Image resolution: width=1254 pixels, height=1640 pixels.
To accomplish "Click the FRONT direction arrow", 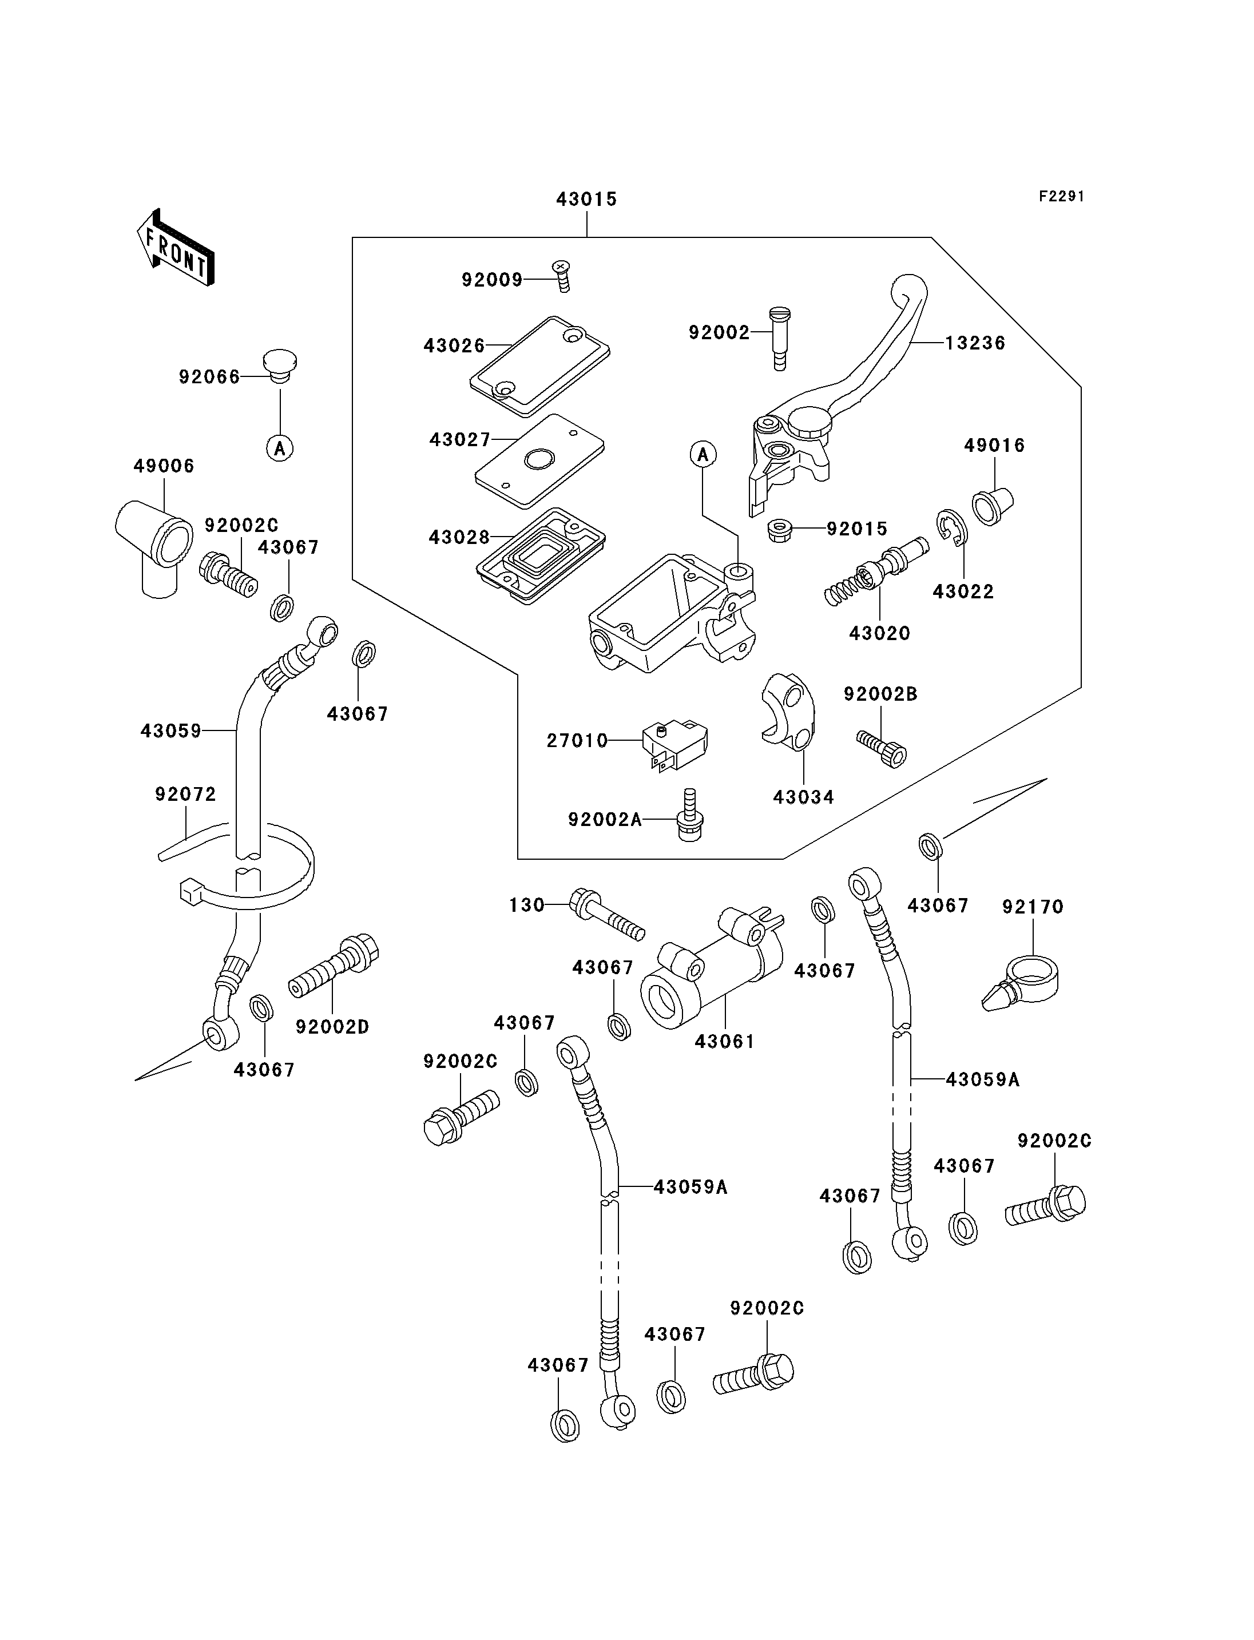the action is point(176,248).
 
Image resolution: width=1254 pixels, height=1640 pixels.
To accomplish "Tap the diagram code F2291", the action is point(1061,196).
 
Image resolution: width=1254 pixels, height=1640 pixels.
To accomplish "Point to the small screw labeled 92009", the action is point(562,276).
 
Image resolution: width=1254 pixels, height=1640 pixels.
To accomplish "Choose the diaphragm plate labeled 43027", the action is point(539,460).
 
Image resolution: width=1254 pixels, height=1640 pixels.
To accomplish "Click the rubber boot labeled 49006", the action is point(154,548).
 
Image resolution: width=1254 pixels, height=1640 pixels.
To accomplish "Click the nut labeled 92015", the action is point(780,531).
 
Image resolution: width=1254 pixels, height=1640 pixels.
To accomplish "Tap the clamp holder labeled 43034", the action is point(788,710).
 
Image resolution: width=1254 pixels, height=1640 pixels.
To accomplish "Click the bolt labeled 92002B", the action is point(882,749).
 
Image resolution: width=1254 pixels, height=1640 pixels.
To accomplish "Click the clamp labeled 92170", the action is point(1021,983).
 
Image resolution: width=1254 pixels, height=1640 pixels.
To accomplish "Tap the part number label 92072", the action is point(186,794).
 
